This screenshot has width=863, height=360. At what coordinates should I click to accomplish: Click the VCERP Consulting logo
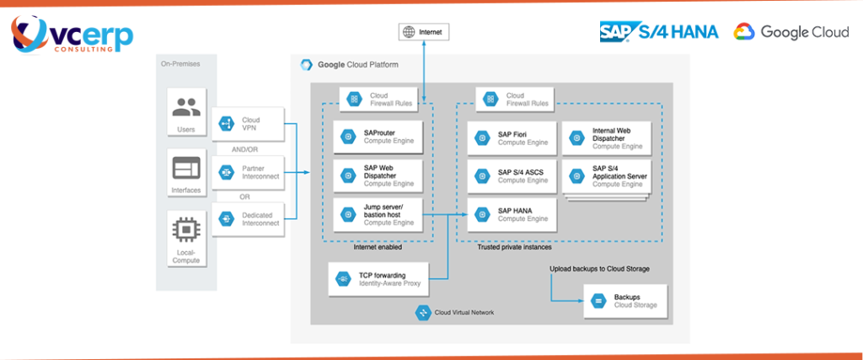[x=71, y=34]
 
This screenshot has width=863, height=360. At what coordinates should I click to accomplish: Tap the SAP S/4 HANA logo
[x=658, y=31]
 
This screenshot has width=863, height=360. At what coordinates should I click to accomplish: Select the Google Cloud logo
[x=791, y=31]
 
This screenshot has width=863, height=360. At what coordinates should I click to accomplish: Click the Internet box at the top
[x=423, y=32]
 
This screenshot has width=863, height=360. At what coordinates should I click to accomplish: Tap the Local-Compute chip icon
[x=185, y=228]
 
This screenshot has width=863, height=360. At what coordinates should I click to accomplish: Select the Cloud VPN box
[x=248, y=124]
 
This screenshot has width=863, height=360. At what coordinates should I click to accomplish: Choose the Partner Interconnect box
[x=248, y=172]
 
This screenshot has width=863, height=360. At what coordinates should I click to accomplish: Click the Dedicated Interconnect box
[x=248, y=218]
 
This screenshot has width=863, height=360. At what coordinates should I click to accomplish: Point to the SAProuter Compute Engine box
[x=377, y=137]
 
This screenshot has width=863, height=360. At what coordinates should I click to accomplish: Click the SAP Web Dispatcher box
[x=377, y=175]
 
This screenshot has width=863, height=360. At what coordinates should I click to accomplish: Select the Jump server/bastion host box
[x=377, y=215]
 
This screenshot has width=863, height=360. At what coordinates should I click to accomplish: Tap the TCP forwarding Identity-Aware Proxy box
[x=378, y=278]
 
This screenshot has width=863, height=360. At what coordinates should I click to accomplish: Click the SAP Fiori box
[x=512, y=137]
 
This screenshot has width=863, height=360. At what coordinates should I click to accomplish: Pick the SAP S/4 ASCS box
[x=512, y=175]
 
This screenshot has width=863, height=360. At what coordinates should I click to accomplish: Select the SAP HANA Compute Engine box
[x=512, y=214]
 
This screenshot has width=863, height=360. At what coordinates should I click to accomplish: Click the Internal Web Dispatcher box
[x=606, y=137]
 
